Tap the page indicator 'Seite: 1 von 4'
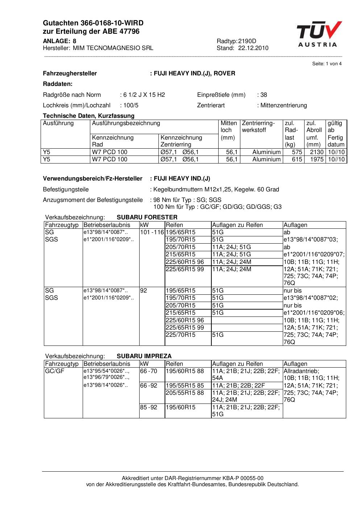[x=327, y=64]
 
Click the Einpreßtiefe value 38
[x=264, y=95]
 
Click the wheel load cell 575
[x=297, y=152]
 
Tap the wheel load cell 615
[x=297, y=160]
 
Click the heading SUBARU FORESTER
[x=147, y=218]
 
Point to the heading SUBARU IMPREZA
[x=144, y=356]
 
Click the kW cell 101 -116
[x=152, y=232]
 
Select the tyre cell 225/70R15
[x=181, y=335]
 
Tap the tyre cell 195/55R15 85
[x=185, y=386]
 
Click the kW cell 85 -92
[x=149, y=407]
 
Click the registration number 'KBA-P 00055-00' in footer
[x=245, y=479]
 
